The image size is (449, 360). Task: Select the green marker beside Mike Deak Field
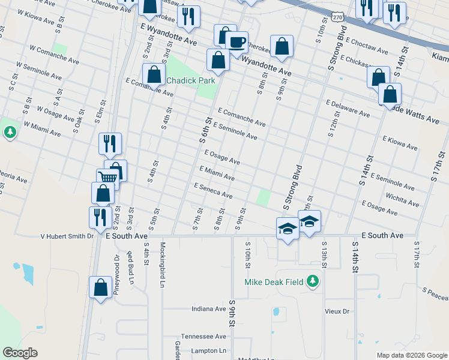pyautogui.click(x=312, y=281)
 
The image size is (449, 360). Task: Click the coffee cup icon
pyautogui.click(x=237, y=42)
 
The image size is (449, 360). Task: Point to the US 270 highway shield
pyautogui.click(x=340, y=19)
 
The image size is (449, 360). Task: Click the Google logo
pyautogui.click(x=20, y=352)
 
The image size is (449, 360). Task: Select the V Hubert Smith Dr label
pyautogui.click(x=67, y=236)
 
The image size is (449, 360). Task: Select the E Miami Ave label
pyautogui.click(x=217, y=173)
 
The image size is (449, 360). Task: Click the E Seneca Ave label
pyautogui.click(x=213, y=191)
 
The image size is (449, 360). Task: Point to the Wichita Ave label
pyautogui.click(x=402, y=197)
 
